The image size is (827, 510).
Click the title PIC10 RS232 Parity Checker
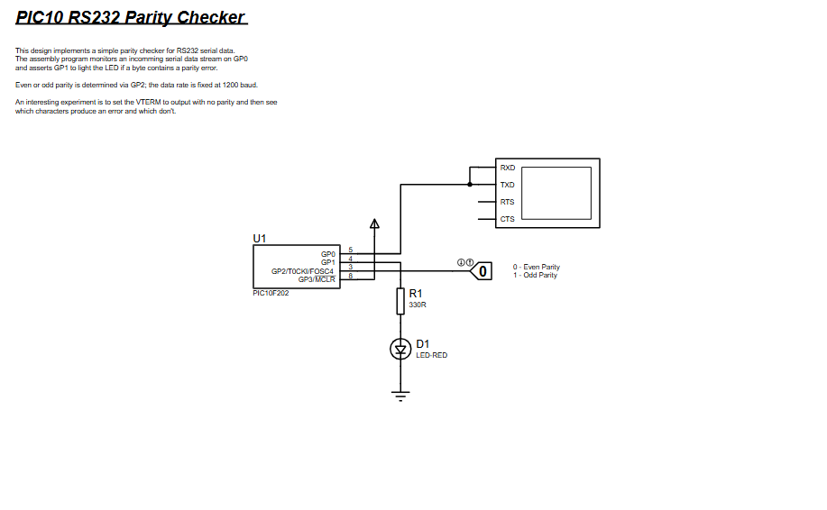pyautogui.click(x=131, y=17)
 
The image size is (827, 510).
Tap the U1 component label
pyautogui.click(x=260, y=238)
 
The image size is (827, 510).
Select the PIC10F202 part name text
pyautogui.click(x=271, y=293)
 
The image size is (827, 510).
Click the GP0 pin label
pyautogui.click(x=327, y=254)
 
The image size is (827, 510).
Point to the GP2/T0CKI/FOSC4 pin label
pyautogui.click(x=302, y=271)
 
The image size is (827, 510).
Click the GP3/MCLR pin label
pyautogui.click(x=317, y=279)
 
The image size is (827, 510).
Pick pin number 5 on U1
pyautogui.click(x=350, y=250)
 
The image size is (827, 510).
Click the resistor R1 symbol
pyautogui.click(x=400, y=301)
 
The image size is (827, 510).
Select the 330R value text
pyautogui.click(x=418, y=305)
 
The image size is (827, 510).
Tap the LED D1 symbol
pyautogui.click(x=400, y=349)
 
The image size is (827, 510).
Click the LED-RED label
pyautogui.click(x=431, y=355)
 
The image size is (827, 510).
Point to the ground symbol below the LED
pyautogui.click(x=400, y=394)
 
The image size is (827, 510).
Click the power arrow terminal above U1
pyautogui.click(x=375, y=224)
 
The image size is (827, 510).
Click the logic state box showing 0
pyautogui.click(x=483, y=270)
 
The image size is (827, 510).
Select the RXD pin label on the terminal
pyautogui.click(x=508, y=168)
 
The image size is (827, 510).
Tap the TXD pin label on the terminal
pyautogui.click(x=508, y=185)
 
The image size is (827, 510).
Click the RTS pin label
pyautogui.click(x=508, y=202)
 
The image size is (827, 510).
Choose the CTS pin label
pyautogui.click(x=508, y=219)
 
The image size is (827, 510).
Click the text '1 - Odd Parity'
pyautogui.click(x=536, y=275)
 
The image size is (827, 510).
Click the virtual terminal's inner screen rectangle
pyautogui.click(x=556, y=193)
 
